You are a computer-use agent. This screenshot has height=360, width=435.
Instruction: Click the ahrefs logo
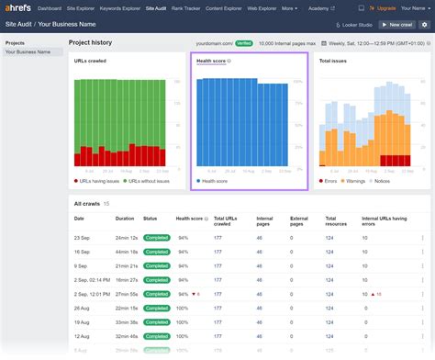[18, 9]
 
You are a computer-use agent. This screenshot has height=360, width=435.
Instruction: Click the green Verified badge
[243, 43]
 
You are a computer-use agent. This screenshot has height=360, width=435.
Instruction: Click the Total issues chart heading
[332, 62]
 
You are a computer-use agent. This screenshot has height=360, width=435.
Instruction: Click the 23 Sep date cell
[81, 238]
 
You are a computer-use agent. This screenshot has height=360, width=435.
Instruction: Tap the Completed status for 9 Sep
[157, 266]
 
